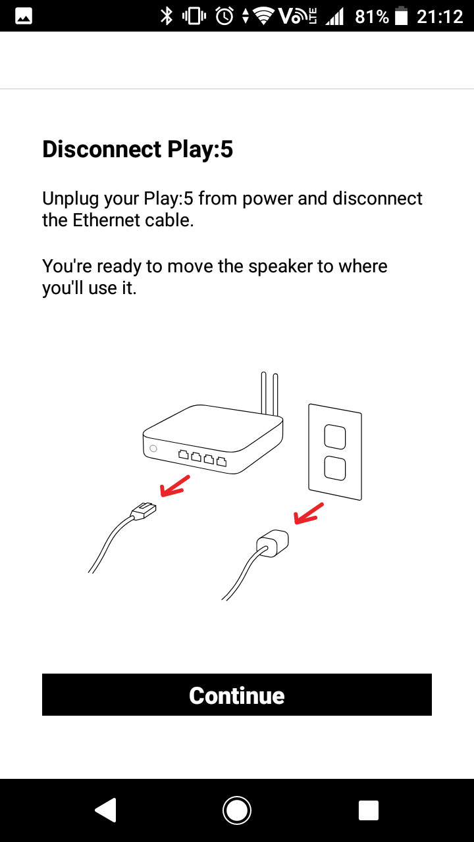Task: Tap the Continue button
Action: (x=236, y=695)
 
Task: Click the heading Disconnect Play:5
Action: (x=138, y=149)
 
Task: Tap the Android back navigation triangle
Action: (x=106, y=810)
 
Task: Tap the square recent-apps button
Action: (x=368, y=810)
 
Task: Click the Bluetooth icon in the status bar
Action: (x=167, y=16)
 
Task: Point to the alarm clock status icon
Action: (x=224, y=16)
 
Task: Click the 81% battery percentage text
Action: (x=372, y=17)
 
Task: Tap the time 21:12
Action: (x=440, y=17)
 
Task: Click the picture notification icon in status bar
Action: (x=24, y=16)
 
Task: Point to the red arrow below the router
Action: (x=175, y=486)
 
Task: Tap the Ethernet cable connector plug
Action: (x=144, y=510)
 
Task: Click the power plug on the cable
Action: (x=273, y=543)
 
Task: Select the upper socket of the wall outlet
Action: (x=335, y=436)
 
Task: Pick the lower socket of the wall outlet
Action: (x=335, y=468)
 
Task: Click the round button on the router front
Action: (x=153, y=449)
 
